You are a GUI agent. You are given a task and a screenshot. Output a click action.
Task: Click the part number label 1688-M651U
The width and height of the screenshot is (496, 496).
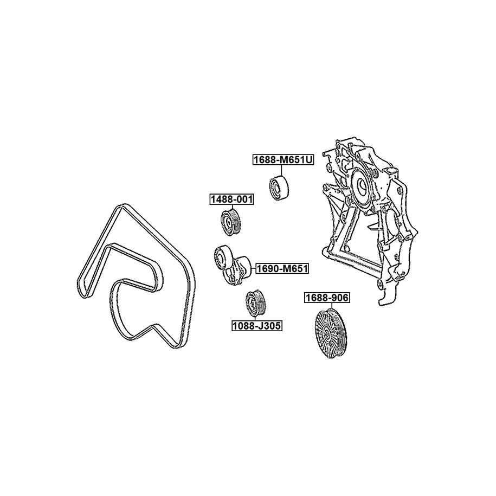coord(283,160)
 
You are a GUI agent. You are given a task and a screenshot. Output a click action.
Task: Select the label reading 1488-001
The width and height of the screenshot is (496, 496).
coord(231,199)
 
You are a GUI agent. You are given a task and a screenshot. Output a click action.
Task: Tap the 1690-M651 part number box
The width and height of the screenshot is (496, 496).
coord(282,269)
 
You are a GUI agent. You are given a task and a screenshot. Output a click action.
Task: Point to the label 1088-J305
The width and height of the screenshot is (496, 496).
coord(256,325)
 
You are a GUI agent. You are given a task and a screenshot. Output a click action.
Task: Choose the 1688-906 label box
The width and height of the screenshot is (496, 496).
coord(327,298)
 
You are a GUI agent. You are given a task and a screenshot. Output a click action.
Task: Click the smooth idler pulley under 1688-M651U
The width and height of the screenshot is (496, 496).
coord(279,188)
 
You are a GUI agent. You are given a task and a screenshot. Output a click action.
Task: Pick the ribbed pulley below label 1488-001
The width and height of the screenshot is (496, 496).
coord(230,222)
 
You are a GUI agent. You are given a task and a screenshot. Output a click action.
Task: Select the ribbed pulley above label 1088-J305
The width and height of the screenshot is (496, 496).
coord(256,302)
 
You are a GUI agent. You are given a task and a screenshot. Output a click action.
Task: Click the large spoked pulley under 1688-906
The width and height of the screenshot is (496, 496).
coord(331,334)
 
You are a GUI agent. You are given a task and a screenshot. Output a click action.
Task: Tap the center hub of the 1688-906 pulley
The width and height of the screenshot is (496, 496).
coord(326,334)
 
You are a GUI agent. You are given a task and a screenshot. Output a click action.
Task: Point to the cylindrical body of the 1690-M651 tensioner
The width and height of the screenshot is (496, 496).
coord(243,265)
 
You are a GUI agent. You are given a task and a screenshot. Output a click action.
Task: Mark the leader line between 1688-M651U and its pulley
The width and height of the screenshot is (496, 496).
coord(281,170)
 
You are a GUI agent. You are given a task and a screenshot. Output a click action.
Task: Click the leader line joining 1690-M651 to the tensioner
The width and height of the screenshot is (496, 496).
coord(253,269)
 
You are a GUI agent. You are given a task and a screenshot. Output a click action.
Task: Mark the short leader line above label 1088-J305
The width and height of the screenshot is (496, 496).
coord(256,318)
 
